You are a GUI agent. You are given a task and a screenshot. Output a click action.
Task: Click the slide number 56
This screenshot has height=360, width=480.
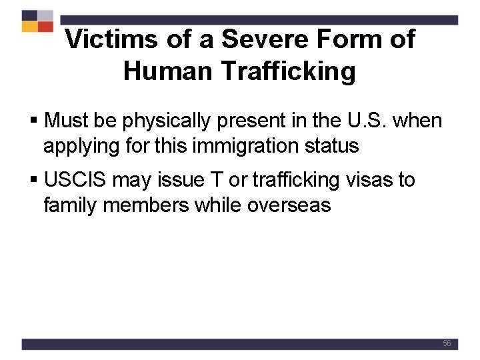coord(447,343)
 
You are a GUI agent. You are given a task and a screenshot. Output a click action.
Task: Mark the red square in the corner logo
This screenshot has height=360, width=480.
coord(45,27)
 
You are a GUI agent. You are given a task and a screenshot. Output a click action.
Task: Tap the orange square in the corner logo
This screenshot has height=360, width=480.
coord(29,27)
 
